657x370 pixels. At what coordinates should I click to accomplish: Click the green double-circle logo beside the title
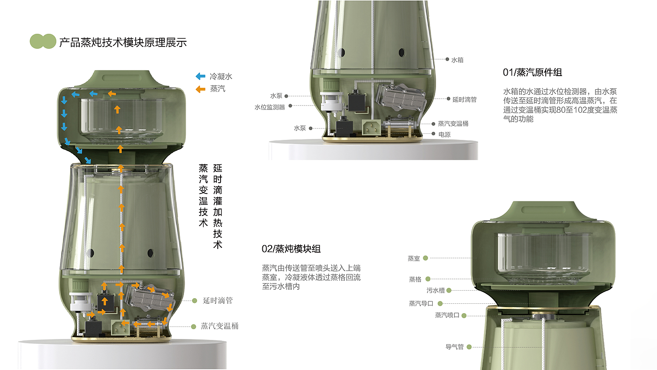pos(43,41)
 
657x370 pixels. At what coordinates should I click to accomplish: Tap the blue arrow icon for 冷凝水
pos(201,76)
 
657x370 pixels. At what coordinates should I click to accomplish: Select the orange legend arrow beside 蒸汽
pos(201,89)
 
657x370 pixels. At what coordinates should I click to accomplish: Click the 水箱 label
pos(457,60)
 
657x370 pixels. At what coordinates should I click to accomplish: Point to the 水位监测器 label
pos(269,108)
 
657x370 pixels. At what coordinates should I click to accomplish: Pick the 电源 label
pos(444,134)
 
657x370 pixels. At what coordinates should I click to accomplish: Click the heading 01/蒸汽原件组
pos(532,72)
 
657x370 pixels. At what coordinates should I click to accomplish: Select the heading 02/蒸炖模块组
pos(291,249)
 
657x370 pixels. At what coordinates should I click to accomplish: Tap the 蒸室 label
pos(413,259)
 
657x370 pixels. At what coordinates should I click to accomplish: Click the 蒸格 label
pos(415,279)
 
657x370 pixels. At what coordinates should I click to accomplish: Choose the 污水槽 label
pos(435,291)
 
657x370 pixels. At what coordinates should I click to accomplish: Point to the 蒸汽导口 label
pos(421,303)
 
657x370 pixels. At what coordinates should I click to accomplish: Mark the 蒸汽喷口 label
pos(447,315)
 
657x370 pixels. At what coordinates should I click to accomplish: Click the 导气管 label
pos(454,347)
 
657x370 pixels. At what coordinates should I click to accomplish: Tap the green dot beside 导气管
pos(469,347)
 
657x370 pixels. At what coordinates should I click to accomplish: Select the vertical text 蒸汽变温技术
pos(203,196)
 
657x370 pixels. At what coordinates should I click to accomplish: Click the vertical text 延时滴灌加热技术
pos(218,207)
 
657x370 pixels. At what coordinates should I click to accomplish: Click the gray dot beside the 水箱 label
pos(447,59)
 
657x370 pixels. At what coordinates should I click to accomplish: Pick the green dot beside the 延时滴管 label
pos(194,301)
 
